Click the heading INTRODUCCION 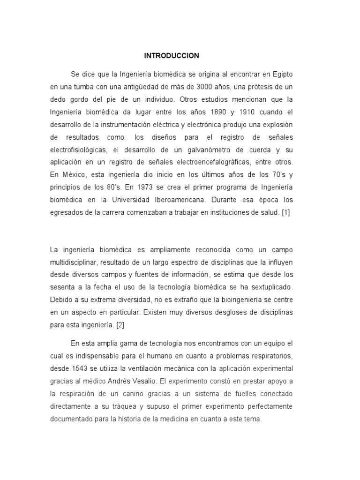(x=171, y=56)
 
